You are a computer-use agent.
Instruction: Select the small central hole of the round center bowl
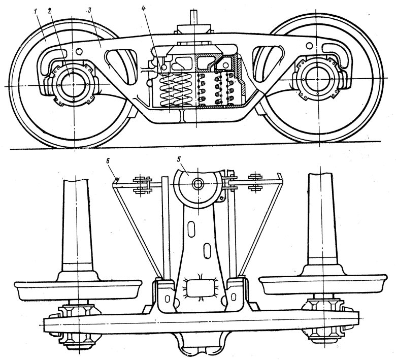(197, 183)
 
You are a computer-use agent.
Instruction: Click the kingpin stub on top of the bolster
(194, 16)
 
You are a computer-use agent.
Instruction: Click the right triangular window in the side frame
(270, 58)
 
